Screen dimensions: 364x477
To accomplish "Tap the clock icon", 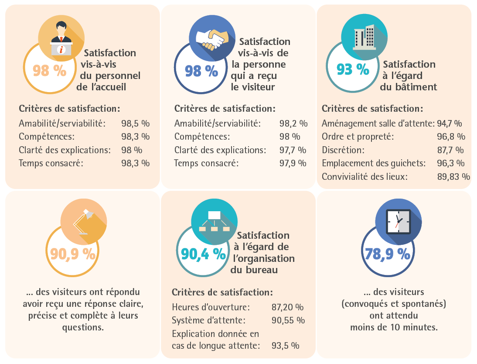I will [x=398, y=221].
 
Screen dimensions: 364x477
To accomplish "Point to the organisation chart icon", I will [x=214, y=221].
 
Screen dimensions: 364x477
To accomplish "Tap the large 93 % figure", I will [x=353, y=69].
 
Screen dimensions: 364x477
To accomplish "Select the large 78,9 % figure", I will [x=386, y=253].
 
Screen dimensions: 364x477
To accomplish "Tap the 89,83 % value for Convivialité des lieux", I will [x=453, y=177].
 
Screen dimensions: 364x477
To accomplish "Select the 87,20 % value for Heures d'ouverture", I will [x=287, y=307].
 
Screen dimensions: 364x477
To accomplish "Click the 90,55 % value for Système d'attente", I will [x=288, y=320].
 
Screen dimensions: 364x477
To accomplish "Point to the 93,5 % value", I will [x=285, y=346].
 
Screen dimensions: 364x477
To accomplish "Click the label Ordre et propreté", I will [x=358, y=137].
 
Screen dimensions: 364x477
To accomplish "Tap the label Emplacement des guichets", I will [x=374, y=163].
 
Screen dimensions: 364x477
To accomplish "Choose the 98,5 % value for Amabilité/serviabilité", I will [x=135, y=124].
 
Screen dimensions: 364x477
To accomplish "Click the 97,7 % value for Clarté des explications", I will [x=293, y=150].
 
